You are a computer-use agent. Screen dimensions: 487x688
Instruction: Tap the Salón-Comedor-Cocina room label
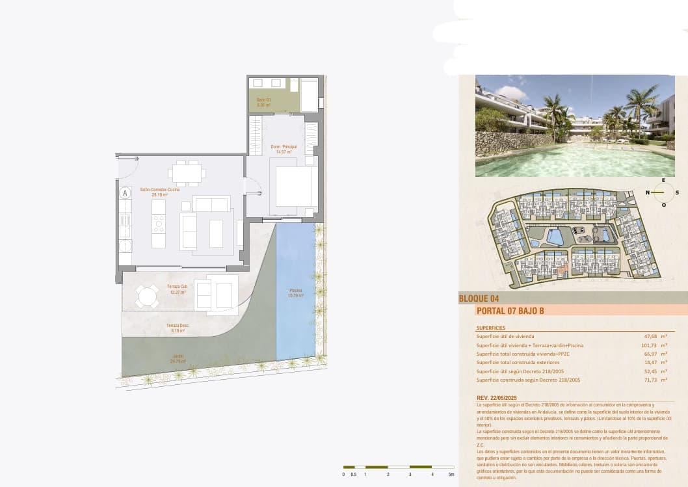(155, 192)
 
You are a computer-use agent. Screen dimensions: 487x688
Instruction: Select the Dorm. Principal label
(284, 149)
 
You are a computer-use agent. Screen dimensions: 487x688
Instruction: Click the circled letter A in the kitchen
(125, 192)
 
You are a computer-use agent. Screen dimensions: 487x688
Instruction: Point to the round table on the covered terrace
(147, 297)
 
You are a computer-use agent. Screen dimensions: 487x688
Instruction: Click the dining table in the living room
(187, 174)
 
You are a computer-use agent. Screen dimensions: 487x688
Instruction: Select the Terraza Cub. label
(176, 289)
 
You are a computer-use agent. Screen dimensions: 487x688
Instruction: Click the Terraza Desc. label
(178, 328)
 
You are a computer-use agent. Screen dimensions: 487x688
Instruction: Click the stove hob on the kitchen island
(158, 224)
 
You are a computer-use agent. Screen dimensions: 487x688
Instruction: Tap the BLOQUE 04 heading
(479, 299)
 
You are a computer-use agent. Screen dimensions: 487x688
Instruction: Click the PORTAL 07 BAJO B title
(510, 311)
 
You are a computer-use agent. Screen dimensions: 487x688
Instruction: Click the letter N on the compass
(648, 192)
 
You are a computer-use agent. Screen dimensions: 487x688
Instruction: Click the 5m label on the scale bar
(451, 474)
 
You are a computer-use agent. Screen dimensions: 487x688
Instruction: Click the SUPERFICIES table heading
(490, 328)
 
